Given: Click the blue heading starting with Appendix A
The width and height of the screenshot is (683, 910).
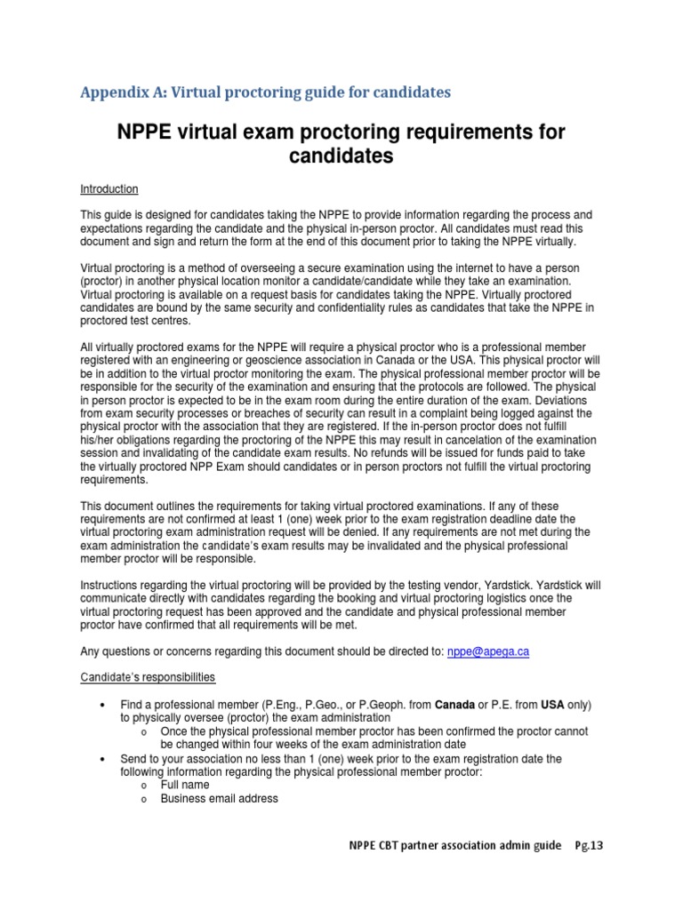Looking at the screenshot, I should [x=265, y=92].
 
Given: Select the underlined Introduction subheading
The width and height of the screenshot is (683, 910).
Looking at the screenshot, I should [x=109, y=189].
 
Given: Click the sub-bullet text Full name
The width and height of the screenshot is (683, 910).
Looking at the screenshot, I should [x=185, y=786].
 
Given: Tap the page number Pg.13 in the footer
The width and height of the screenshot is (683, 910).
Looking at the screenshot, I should [x=588, y=846].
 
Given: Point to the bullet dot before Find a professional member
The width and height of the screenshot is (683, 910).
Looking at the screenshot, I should [x=103, y=706].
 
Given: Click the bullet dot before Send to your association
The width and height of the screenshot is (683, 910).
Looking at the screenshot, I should [x=103, y=759].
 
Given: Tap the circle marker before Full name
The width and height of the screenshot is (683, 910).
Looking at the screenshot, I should [x=143, y=786].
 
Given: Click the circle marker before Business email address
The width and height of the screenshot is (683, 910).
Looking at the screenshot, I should [x=143, y=800].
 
